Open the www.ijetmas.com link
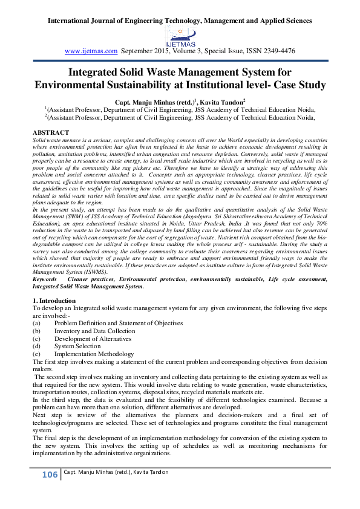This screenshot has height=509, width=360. click(91, 51)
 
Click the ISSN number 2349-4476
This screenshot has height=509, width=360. click(276, 51)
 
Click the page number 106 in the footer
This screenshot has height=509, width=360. click(50, 475)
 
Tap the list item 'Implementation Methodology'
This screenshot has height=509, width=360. click(94, 354)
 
